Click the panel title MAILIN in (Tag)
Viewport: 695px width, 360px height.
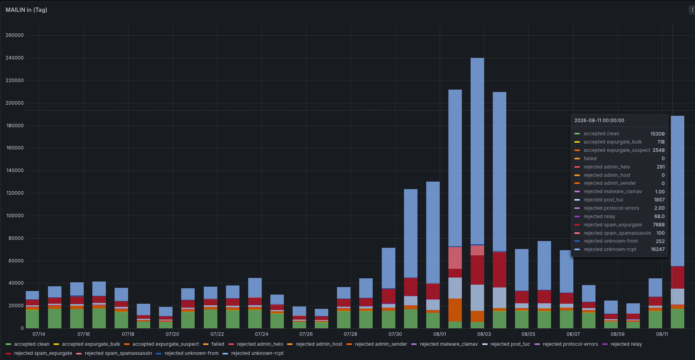click(x=26, y=10)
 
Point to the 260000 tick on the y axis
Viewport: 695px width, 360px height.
click(x=15, y=35)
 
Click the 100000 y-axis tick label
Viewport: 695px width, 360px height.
click(x=15, y=216)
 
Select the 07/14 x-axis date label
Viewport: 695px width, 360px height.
click(x=39, y=334)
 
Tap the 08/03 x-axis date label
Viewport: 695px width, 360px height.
click(x=484, y=334)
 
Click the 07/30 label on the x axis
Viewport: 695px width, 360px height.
click(x=395, y=334)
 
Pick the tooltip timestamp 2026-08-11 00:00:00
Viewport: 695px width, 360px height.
click(x=599, y=121)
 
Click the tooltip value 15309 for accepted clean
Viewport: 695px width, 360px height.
click(x=657, y=134)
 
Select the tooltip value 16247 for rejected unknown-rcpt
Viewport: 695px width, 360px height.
click(x=657, y=249)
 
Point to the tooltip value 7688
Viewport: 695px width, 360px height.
click(x=659, y=225)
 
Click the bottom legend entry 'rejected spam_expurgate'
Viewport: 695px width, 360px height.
click(x=39, y=353)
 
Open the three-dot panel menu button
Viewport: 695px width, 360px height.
click(x=692, y=10)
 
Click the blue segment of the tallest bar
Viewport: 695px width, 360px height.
click(x=477, y=151)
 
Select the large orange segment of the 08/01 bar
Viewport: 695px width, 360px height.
click(x=455, y=310)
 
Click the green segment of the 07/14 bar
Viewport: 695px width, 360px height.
click(x=32, y=319)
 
